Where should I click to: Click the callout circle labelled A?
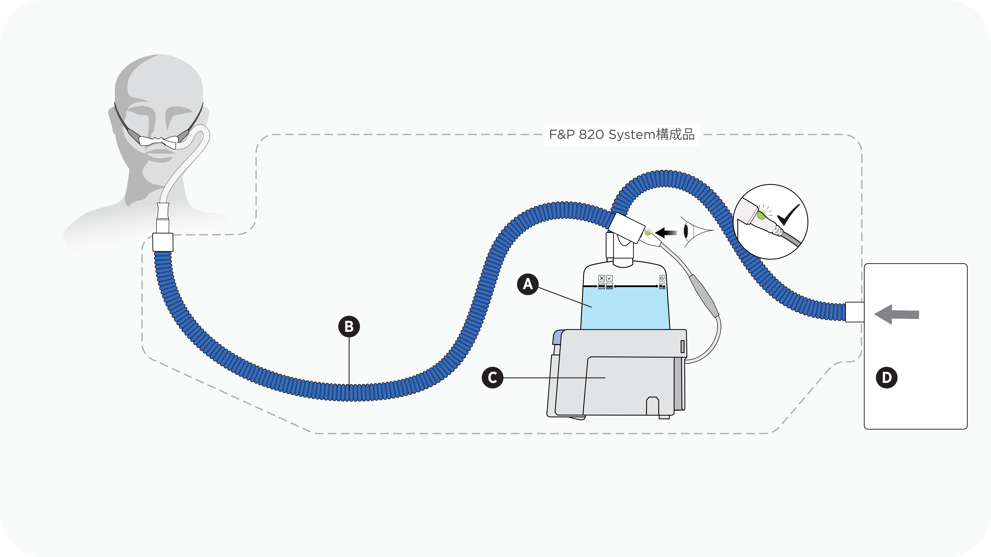[x=528, y=284]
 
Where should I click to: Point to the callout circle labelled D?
[x=887, y=378]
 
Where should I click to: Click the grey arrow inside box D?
[x=896, y=314]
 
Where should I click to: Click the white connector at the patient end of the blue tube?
[x=163, y=242]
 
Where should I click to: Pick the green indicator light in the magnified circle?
[x=761, y=215]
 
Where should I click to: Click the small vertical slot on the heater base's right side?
[x=682, y=346]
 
